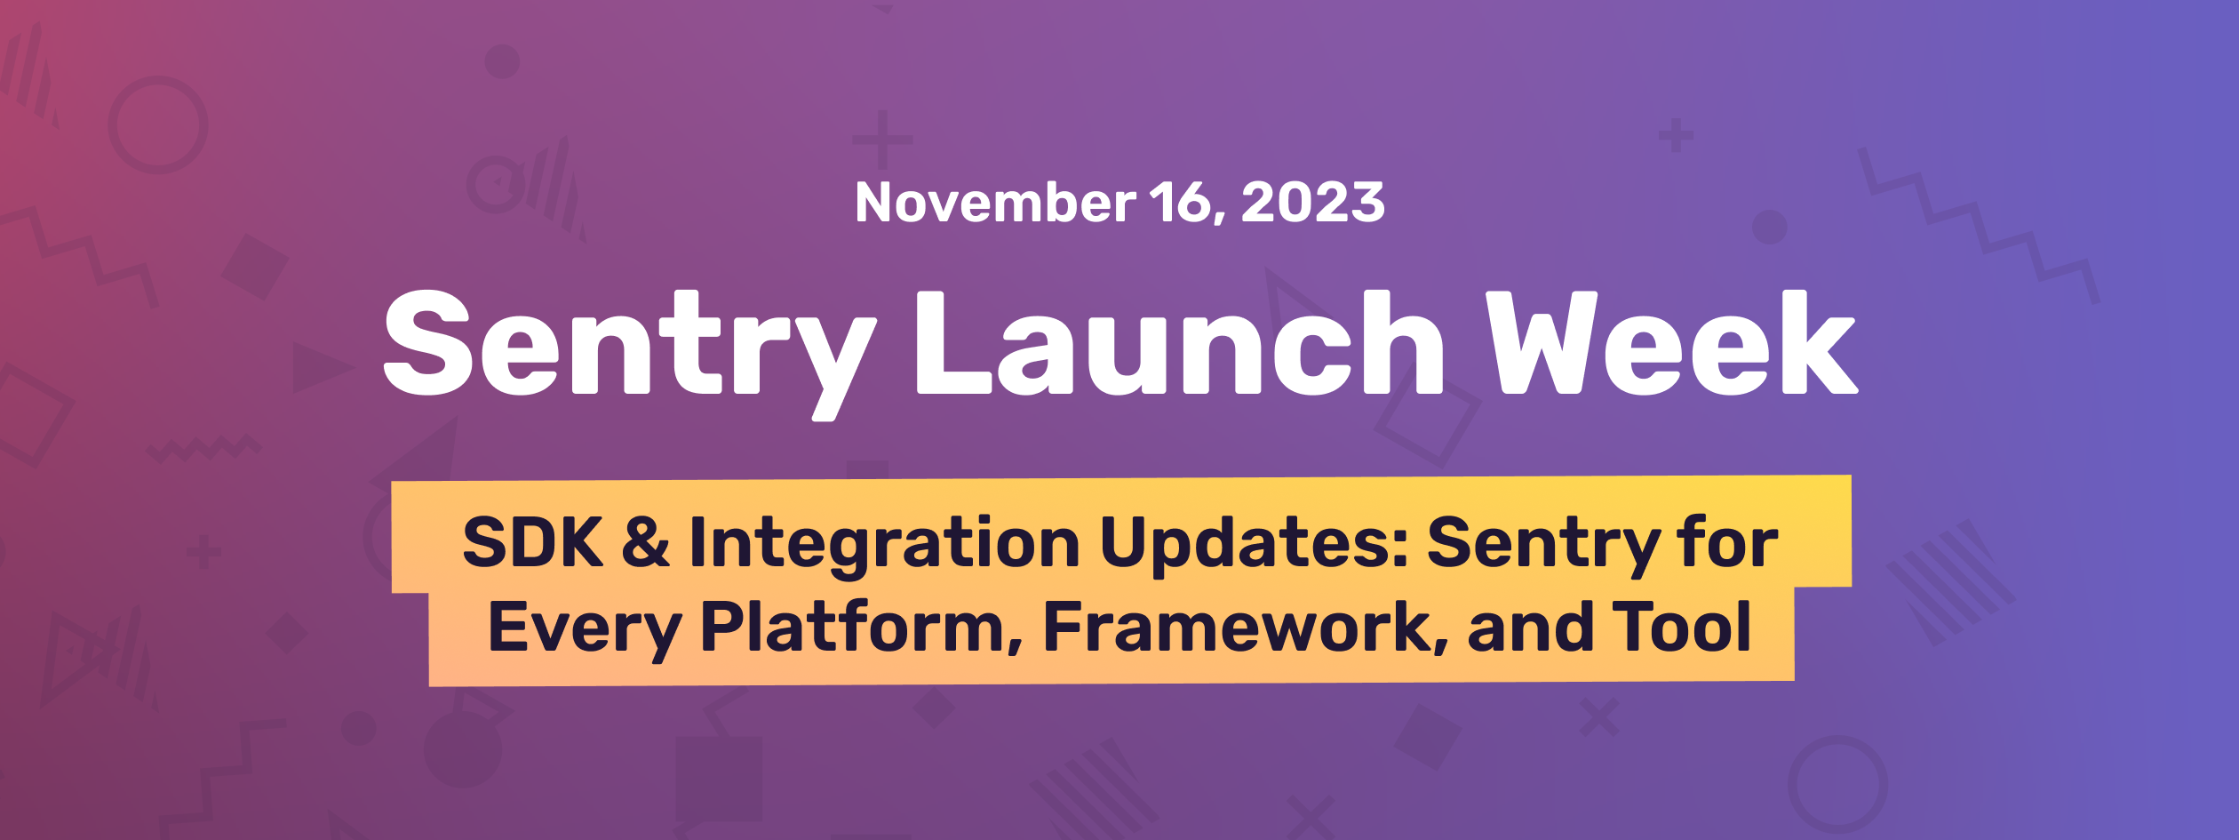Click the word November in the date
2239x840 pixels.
(995, 203)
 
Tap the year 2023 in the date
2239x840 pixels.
(1313, 203)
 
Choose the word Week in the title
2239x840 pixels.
(1672, 342)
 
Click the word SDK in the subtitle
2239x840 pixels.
(532, 542)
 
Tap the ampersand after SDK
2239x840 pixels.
(645, 542)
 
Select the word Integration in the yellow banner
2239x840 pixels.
(884, 542)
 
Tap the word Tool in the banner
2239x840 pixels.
(1681, 628)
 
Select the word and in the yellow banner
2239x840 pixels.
(1529, 628)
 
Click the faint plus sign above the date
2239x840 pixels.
(882, 140)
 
